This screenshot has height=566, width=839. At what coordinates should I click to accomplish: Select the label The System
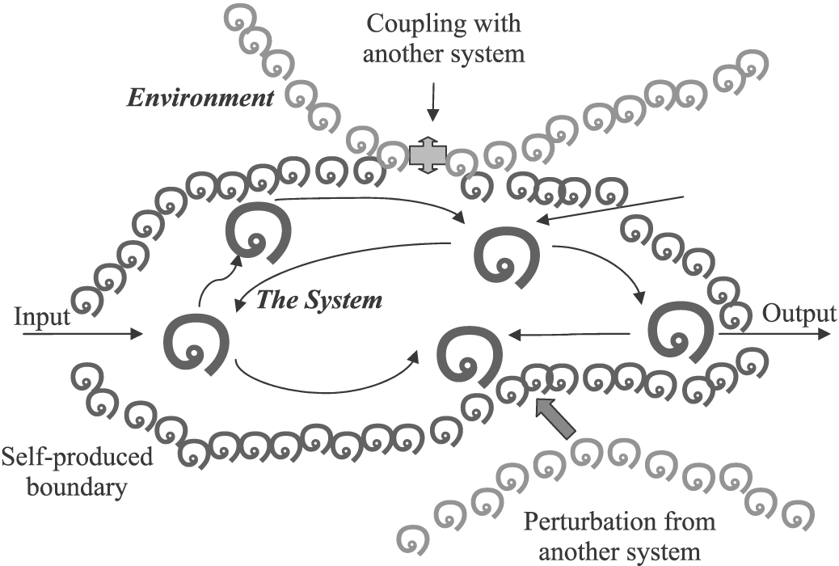coord(318,301)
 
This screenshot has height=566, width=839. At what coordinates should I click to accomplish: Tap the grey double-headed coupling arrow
coord(428,154)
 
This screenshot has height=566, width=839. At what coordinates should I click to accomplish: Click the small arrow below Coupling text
coord(434,106)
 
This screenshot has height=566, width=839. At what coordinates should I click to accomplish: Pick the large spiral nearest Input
coord(195,344)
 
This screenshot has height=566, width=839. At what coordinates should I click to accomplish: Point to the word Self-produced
coord(77,457)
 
